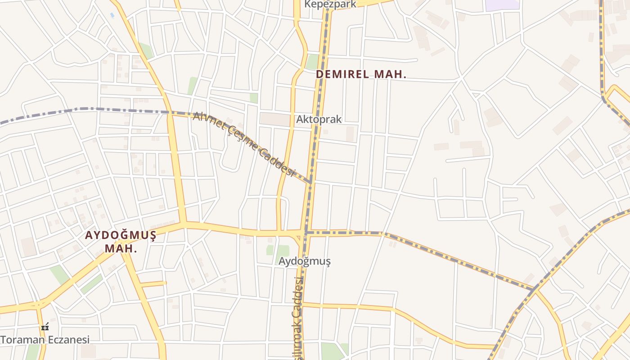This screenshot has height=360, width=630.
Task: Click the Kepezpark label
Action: [330, 4]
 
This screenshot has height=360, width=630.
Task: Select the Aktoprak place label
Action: [319, 119]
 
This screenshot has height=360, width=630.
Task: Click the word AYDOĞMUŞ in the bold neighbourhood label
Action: [121, 235]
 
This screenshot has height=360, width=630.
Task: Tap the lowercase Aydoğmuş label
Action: [305, 261]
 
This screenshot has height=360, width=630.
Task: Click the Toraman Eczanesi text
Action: [45, 340]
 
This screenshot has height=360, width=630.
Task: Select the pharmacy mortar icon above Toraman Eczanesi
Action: [45, 327]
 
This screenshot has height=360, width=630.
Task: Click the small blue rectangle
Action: [112, 15]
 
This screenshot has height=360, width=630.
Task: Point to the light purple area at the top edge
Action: [502, 5]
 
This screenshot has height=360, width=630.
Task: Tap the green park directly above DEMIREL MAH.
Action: [312, 62]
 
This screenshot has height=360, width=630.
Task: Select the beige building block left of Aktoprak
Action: [275, 119]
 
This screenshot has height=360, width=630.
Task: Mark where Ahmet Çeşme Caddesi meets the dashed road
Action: [310, 183]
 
